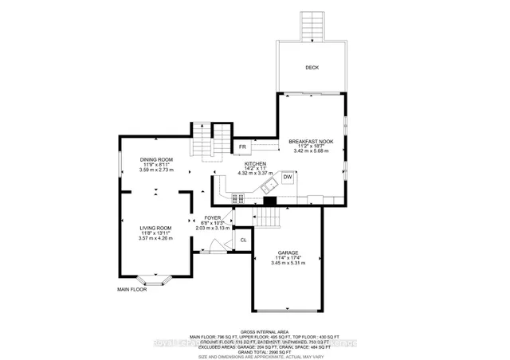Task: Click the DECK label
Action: point(312,68)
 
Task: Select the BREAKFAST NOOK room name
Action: point(311,141)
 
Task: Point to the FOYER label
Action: point(212,217)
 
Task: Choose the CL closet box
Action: point(243,240)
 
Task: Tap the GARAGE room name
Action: point(288,252)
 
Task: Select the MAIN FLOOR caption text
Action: point(132,289)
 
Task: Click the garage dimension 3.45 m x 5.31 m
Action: point(288,264)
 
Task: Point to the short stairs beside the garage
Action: point(269,219)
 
